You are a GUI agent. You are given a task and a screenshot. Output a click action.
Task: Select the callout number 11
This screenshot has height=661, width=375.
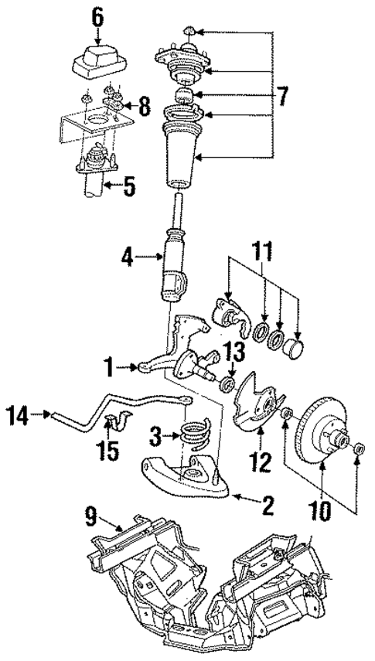(264, 253)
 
